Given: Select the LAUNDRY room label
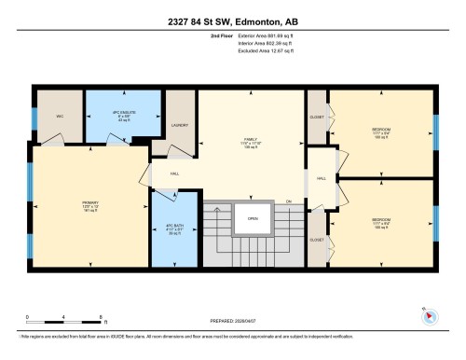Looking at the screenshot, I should (x=180, y=123).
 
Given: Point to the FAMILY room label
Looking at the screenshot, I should (x=249, y=141).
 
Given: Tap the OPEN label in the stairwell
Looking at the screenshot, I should (x=252, y=219).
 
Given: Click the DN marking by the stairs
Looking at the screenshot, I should (x=289, y=200).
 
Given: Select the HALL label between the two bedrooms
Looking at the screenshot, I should (x=321, y=178).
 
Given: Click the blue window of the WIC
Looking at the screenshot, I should (x=34, y=118).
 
